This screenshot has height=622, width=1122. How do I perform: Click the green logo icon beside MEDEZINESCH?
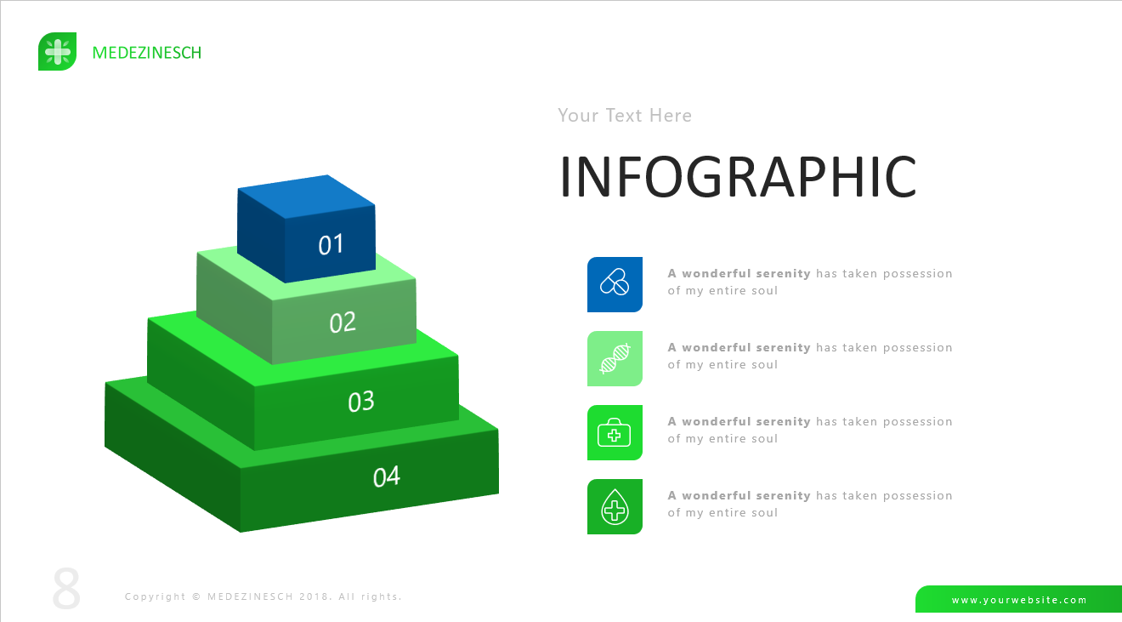click(x=57, y=52)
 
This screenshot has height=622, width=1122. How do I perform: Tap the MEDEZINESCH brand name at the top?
click(x=147, y=53)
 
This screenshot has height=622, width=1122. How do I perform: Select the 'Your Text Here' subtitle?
click(x=625, y=116)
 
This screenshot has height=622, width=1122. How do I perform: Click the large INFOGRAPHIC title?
click(x=737, y=177)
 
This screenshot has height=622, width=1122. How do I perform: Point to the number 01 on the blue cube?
click(x=331, y=245)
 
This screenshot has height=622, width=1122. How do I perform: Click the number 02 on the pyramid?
click(x=343, y=322)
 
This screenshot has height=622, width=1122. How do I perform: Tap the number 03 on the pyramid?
click(x=361, y=402)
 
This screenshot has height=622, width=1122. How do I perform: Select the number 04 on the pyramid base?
click(x=386, y=476)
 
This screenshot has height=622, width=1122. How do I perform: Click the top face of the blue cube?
click(x=306, y=197)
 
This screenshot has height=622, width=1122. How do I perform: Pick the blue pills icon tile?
click(x=615, y=284)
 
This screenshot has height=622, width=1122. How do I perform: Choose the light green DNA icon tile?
click(x=615, y=359)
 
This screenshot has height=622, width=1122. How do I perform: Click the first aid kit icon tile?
click(x=615, y=432)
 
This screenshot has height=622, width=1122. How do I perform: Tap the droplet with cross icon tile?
click(x=615, y=506)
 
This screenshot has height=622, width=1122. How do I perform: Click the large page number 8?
click(x=66, y=589)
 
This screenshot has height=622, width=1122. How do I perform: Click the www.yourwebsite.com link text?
click(x=1019, y=600)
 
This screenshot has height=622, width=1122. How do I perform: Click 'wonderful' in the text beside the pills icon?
click(x=716, y=273)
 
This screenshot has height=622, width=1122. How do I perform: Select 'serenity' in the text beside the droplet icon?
click(x=783, y=495)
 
